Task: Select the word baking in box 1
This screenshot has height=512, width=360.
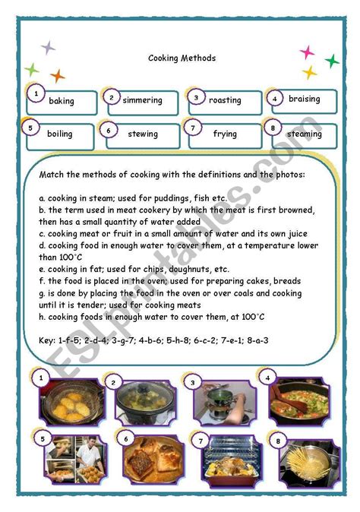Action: pos(62,101)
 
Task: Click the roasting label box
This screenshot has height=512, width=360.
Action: pos(225,100)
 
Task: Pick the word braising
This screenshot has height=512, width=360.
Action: pos(305,99)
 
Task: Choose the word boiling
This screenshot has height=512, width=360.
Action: pos(60,134)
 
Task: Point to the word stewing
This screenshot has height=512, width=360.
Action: pos(143,134)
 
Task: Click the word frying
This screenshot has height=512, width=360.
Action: pos(225,134)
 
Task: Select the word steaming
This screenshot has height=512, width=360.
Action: pos(304,134)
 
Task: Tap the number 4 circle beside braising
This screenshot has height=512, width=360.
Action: pos(274,98)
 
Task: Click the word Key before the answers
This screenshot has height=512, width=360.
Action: pos(47,320)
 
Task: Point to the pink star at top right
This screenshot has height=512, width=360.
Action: pos(307,52)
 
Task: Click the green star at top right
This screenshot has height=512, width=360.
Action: pos(332,61)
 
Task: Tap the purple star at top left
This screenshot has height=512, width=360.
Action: pos(48,48)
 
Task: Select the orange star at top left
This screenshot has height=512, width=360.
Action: pos(58,75)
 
